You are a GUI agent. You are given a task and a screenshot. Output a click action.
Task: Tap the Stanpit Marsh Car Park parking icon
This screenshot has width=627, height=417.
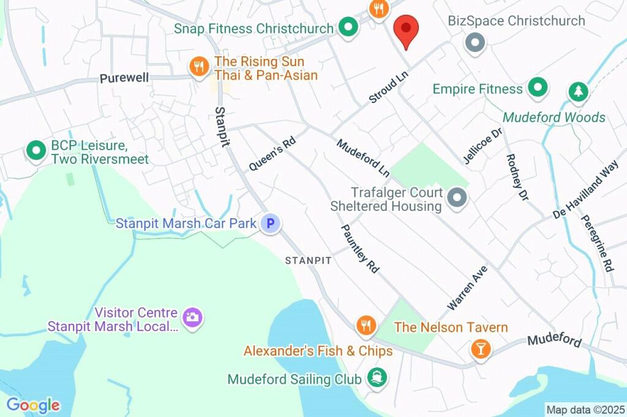(x=270, y=223)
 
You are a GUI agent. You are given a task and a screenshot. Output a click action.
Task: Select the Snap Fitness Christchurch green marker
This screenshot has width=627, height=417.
(x=348, y=28)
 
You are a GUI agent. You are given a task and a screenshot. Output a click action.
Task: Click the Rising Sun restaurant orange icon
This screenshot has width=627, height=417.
(x=198, y=68)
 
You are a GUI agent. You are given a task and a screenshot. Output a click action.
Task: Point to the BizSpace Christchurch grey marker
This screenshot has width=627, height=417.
(x=475, y=43)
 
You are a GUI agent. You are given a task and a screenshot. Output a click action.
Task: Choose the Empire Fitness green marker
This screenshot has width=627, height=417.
(x=538, y=88)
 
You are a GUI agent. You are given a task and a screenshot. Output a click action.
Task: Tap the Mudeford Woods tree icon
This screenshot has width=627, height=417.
(x=577, y=93)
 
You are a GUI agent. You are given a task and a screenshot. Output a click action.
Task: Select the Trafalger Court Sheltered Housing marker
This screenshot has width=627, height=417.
(x=457, y=198)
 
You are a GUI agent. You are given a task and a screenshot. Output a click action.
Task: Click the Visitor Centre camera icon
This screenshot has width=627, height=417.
(x=192, y=317)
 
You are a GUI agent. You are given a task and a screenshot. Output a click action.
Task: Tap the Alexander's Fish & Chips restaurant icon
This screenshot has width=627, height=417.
(x=366, y=326)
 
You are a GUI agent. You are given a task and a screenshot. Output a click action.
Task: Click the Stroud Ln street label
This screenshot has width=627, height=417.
(x=388, y=88)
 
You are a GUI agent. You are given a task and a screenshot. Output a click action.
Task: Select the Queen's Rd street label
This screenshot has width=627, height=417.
(x=272, y=153)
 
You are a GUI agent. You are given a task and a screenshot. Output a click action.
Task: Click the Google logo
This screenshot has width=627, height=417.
(x=33, y=405)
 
